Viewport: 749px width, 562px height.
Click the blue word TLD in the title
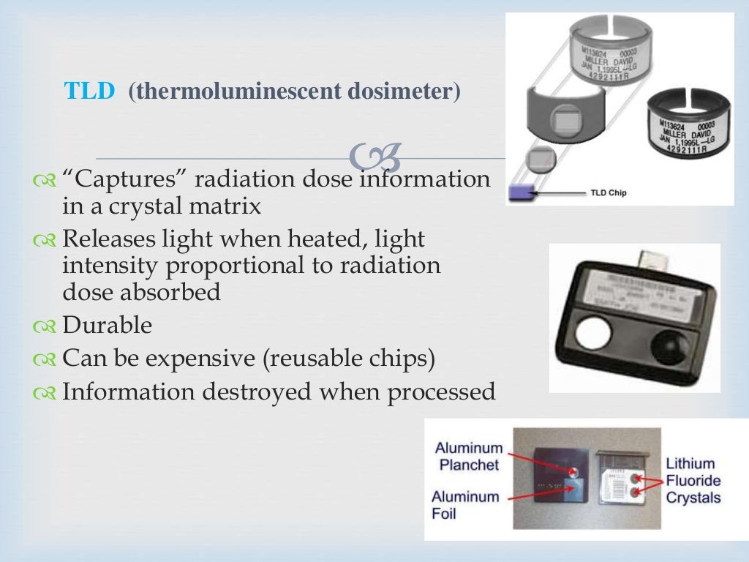coord(90,91)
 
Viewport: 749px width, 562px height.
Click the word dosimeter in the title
coord(404,92)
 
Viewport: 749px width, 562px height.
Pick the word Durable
coord(108,324)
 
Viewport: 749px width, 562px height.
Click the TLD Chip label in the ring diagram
coord(608,193)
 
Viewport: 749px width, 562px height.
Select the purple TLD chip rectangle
coord(521,194)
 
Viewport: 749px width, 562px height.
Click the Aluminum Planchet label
coord(469,456)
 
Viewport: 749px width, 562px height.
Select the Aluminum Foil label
coord(465,505)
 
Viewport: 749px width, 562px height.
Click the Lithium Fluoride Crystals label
coord(693,480)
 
